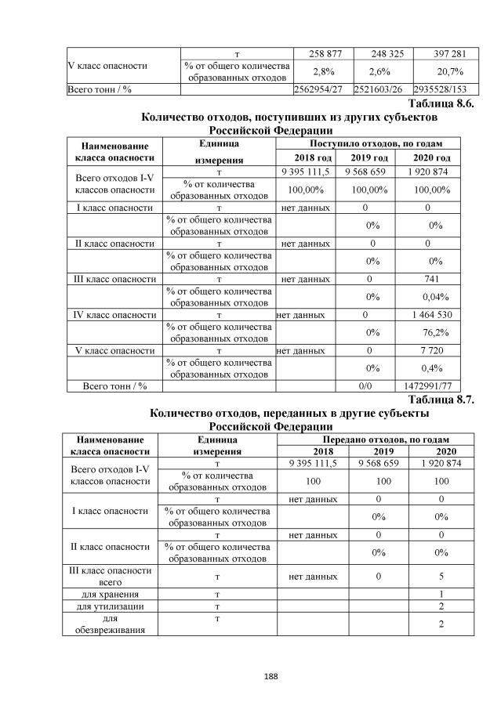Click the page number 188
point(250,675)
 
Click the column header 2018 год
point(307,157)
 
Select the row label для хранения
point(110,594)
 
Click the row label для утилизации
point(110,606)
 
